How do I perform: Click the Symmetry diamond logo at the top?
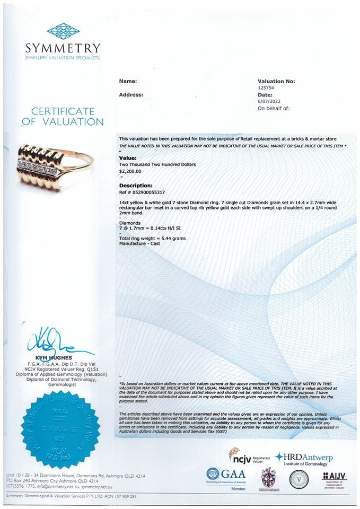(x=63, y=30)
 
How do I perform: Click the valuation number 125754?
(x=266, y=88)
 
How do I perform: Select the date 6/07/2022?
(x=267, y=101)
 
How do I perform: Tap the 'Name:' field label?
(x=128, y=81)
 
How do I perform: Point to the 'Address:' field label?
(x=130, y=94)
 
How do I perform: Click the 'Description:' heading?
(x=136, y=186)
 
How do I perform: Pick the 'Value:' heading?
(x=127, y=158)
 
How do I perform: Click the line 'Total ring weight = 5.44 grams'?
(x=152, y=239)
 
